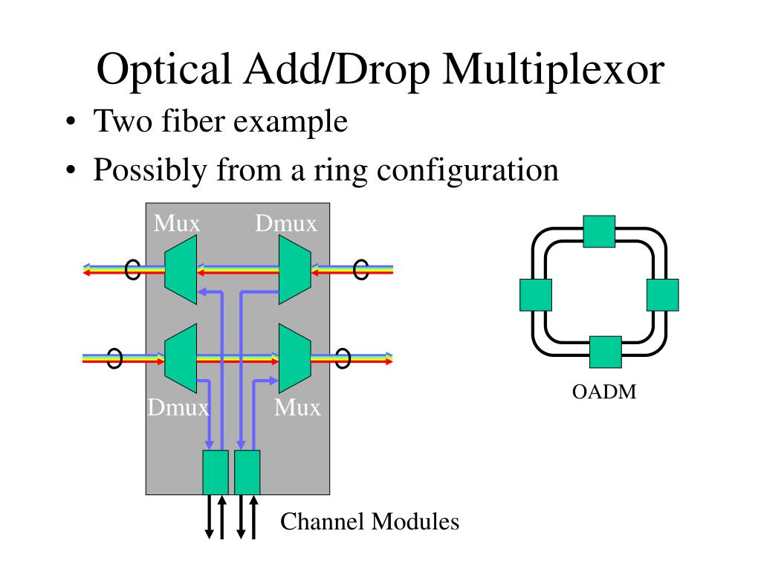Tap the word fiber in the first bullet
[x=190, y=121]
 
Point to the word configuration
[x=467, y=170]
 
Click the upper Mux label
[x=177, y=223]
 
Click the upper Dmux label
[x=286, y=223]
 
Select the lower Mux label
[x=297, y=407]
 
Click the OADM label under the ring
[x=604, y=392]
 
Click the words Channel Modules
[x=369, y=522]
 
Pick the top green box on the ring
[x=599, y=231]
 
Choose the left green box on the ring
[x=536, y=294]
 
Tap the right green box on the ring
[x=662, y=294]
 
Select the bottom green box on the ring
[x=605, y=352]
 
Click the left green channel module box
[x=216, y=472]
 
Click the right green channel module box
[x=247, y=472]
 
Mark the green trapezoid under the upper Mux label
[x=181, y=270]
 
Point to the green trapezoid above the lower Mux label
[x=294, y=358]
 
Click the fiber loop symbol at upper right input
[x=361, y=269]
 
